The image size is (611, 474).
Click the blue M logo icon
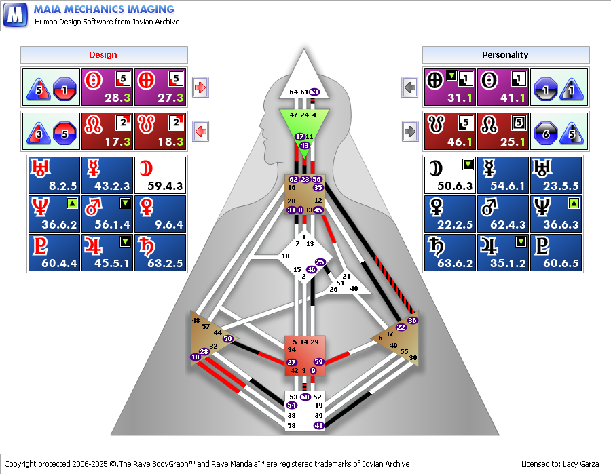[x=15, y=15]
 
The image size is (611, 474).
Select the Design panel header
[x=104, y=55]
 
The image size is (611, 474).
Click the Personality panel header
[x=506, y=55]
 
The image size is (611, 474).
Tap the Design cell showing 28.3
[x=107, y=87]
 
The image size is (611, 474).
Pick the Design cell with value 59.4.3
[x=160, y=175]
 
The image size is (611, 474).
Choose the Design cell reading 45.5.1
[x=107, y=252]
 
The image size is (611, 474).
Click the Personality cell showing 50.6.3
[x=449, y=175]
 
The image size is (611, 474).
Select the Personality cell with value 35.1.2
[x=502, y=252]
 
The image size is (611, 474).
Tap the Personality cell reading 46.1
[x=449, y=131]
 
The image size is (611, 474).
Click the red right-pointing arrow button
[x=200, y=87]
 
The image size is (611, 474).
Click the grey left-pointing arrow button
[x=409, y=87]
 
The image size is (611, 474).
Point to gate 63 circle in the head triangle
[x=314, y=92]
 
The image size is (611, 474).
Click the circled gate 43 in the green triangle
[x=304, y=146]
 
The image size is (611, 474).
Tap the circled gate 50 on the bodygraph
[x=227, y=338]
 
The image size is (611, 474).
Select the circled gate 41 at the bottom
[x=319, y=425]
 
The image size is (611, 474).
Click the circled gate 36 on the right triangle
[x=412, y=321]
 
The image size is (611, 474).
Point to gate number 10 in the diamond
[x=286, y=256]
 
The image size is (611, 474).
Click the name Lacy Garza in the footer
[x=580, y=464]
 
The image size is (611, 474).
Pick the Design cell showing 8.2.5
[x=54, y=175]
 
